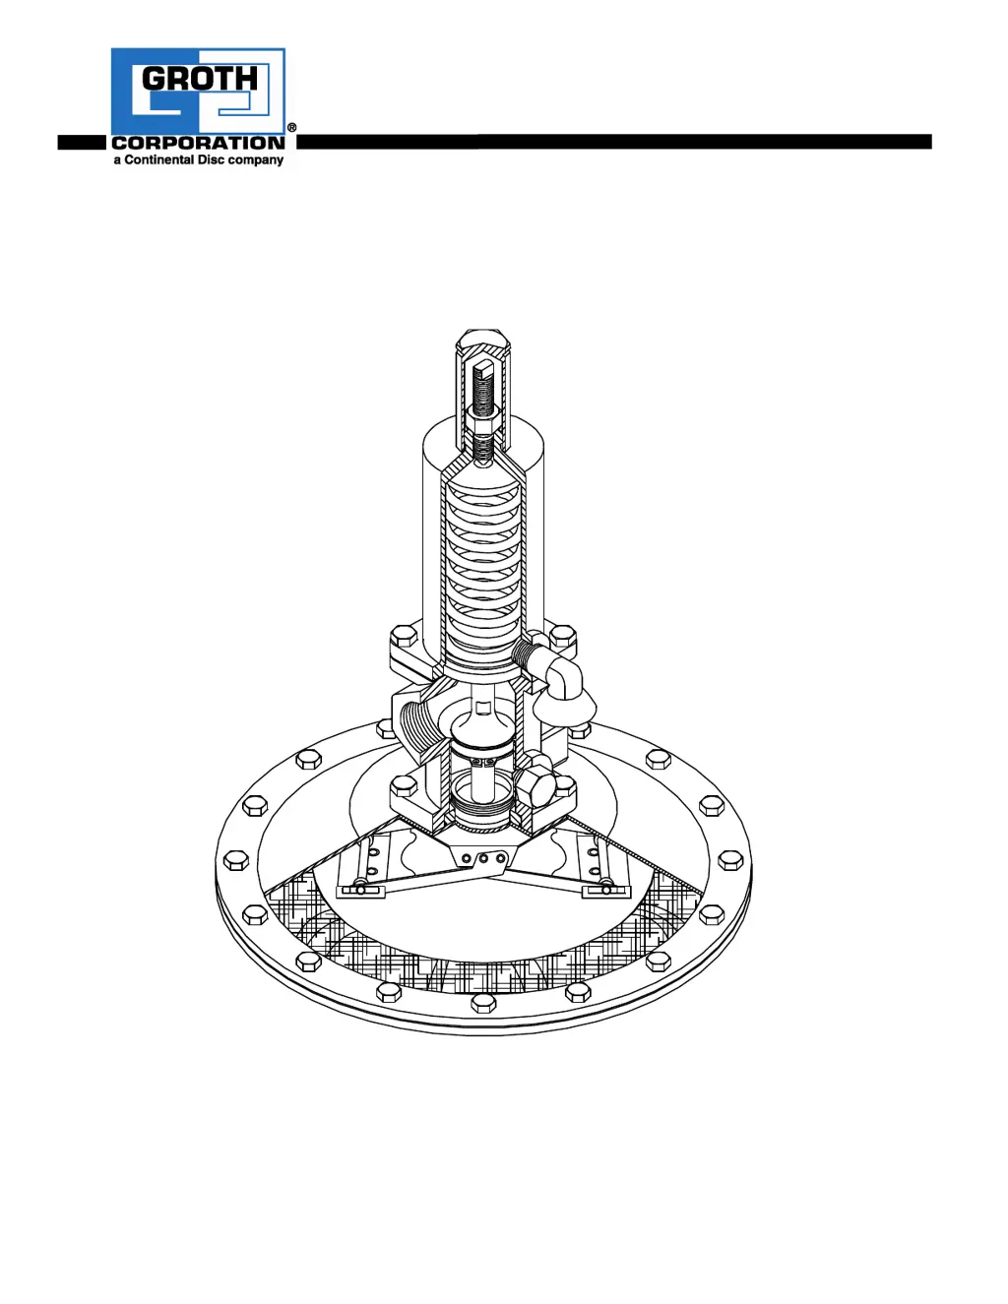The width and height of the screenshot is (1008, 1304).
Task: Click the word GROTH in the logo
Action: click(200, 78)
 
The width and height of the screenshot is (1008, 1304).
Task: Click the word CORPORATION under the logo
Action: click(199, 143)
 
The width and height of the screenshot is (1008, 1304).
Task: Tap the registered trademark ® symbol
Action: click(291, 127)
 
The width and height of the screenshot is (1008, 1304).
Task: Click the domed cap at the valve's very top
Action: click(483, 340)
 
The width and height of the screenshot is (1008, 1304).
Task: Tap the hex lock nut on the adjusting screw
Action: click(483, 424)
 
